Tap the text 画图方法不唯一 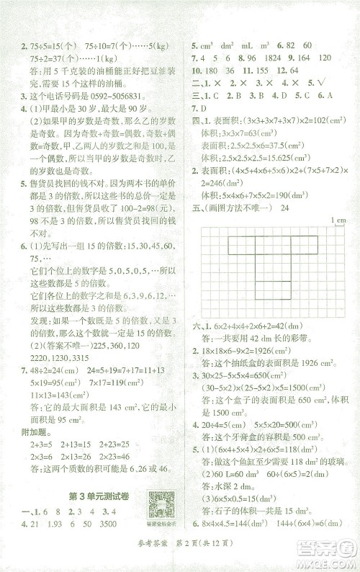241,209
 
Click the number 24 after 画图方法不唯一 285,209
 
